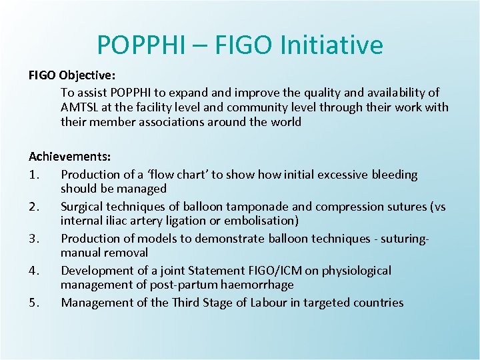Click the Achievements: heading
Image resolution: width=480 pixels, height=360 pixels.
point(69,157)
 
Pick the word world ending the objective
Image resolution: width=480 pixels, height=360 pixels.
point(286,122)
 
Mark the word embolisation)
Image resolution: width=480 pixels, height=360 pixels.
point(263,221)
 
